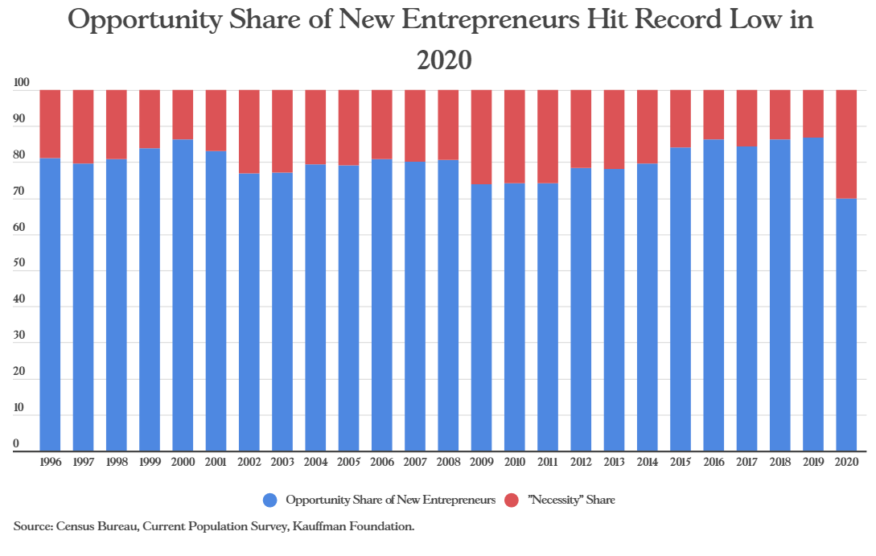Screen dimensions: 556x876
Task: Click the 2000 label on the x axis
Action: (x=183, y=463)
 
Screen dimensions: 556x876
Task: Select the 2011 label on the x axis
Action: (x=548, y=463)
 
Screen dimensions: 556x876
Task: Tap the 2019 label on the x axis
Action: (x=813, y=463)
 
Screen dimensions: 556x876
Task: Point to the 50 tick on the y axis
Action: (x=20, y=263)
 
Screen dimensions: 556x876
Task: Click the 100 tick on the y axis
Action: (x=22, y=83)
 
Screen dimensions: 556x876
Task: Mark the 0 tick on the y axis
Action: (x=16, y=443)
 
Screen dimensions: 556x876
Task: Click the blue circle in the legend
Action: (x=271, y=500)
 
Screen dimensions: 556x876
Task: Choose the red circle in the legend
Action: (x=512, y=500)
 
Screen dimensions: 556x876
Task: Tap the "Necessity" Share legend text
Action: (x=571, y=500)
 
